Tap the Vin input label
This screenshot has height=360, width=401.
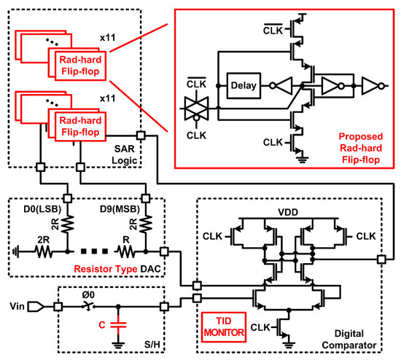coord(15,308)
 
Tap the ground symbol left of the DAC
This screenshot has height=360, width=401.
coord(16,250)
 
